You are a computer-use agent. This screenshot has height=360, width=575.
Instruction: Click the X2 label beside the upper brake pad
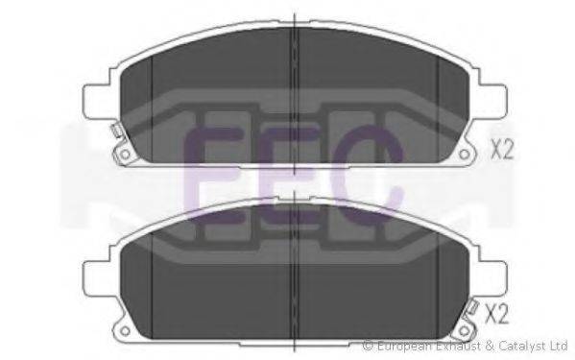pos(502,149)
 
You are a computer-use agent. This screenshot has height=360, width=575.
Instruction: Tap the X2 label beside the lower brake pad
pos(496,314)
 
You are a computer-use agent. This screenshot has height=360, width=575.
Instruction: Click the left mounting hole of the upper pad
pos(125,154)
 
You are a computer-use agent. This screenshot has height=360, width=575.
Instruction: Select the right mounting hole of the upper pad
pos(464,154)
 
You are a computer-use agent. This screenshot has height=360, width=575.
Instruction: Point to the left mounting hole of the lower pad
pos(125,331)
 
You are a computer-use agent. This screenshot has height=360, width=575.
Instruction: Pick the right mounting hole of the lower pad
pos(464,331)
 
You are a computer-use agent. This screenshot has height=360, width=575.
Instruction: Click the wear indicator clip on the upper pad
pos(117,131)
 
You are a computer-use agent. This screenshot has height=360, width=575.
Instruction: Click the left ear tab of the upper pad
pos(97,102)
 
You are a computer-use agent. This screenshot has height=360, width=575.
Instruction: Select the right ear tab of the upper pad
pos(491,102)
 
